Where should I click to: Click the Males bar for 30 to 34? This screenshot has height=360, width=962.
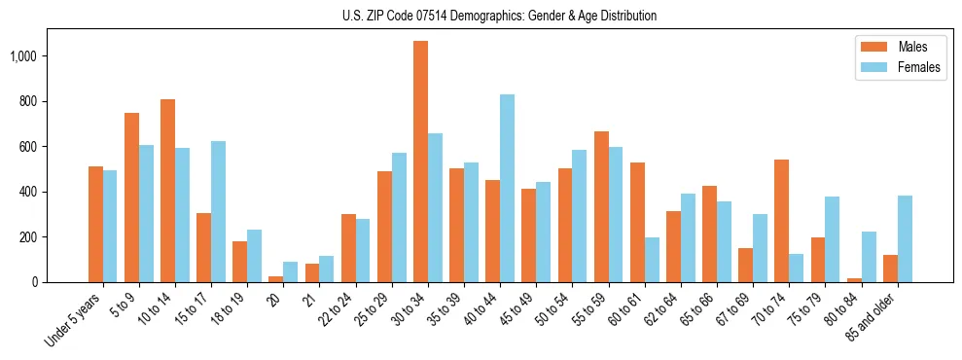pyautogui.click(x=420, y=162)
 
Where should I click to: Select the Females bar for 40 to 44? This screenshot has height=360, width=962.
pyautogui.click(x=508, y=188)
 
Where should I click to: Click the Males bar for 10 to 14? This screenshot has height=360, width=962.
pyautogui.click(x=167, y=191)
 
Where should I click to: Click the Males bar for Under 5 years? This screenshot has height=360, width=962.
pyautogui.click(x=95, y=224)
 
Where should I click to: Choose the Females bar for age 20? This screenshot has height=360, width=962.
pyautogui.click(x=291, y=271)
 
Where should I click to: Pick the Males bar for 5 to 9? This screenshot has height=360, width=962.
pyautogui.click(x=131, y=198)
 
